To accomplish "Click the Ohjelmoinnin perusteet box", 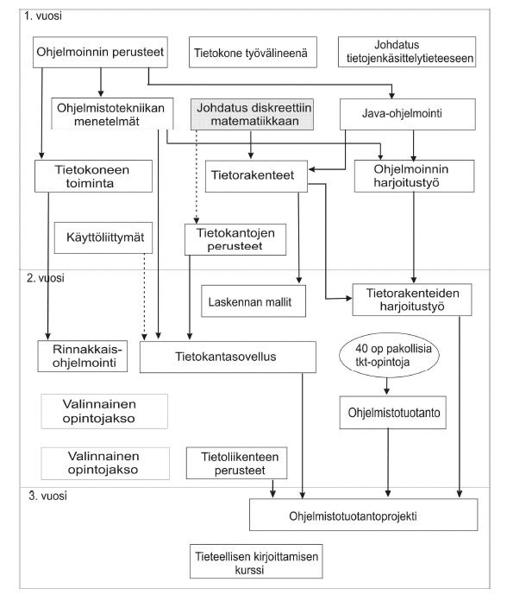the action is click(100, 52).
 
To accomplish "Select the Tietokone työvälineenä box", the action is click(253, 52).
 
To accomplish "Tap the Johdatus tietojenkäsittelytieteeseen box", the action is click(407, 52).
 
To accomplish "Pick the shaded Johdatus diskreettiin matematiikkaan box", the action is click(252, 114).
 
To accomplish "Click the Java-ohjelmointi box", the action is click(408, 114).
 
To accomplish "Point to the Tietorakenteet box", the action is click(256, 176).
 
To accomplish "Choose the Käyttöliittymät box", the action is click(103, 237).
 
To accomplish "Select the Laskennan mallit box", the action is click(253, 300).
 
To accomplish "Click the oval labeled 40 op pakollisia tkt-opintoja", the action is click(389, 355).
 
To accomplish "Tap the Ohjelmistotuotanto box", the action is click(392, 413).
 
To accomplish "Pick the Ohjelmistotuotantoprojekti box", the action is click(364, 515).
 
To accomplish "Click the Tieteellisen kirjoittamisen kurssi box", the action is click(256, 561).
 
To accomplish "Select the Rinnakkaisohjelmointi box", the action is click(82, 356).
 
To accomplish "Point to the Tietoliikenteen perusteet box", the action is click(236, 463).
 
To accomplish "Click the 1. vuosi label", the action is click(43, 16).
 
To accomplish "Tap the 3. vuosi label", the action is click(47, 496).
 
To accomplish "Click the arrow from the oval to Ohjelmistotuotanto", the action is click(386, 386).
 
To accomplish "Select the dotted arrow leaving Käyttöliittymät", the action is click(144, 297).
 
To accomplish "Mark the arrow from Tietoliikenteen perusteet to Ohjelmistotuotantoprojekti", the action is click(272, 489).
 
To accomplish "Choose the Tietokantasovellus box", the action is click(228, 357).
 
